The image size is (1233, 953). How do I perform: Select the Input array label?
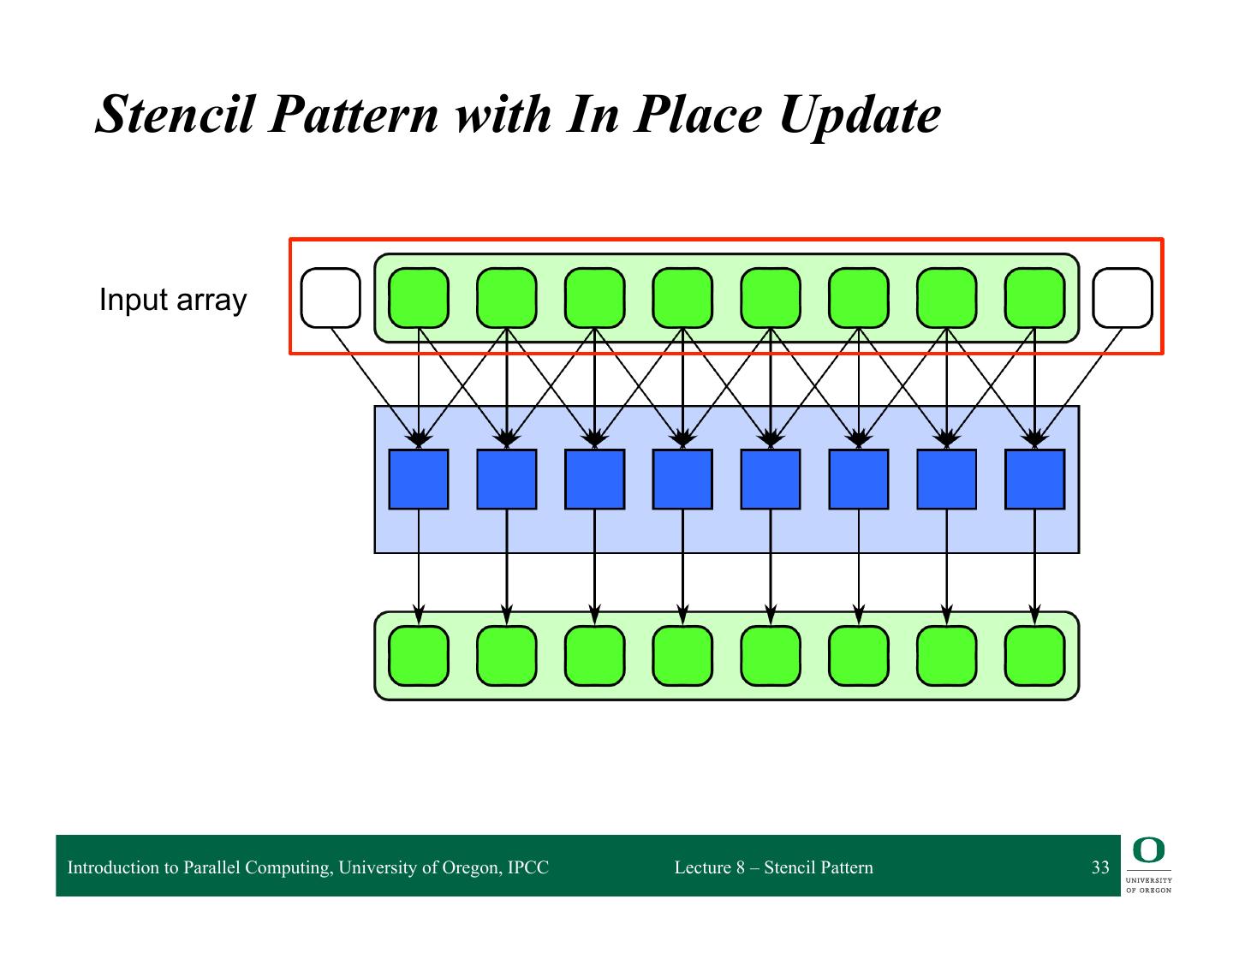tap(173, 301)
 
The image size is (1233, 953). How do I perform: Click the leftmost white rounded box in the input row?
tap(331, 298)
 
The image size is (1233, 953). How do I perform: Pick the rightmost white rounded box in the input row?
tap(1123, 298)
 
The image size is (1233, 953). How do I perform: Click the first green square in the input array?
tap(419, 298)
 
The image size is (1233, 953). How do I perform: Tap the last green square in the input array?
tap(1034, 298)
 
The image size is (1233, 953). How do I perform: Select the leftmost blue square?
tap(419, 479)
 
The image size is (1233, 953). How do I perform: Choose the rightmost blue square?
tap(1034, 479)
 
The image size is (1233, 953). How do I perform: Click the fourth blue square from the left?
tap(682, 479)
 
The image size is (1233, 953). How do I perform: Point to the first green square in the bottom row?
tap(419, 656)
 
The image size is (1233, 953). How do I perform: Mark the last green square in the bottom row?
tap(1034, 656)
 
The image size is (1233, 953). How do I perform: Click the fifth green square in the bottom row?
tap(771, 656)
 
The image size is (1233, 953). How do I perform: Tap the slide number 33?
tap(1100, 867)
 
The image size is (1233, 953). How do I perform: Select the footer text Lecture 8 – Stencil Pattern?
tap(773, 867)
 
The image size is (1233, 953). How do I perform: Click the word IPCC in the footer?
tap(527, 867)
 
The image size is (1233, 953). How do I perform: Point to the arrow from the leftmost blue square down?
tap(419, 565)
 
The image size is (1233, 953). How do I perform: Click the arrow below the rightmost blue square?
tap(1034, 565)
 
